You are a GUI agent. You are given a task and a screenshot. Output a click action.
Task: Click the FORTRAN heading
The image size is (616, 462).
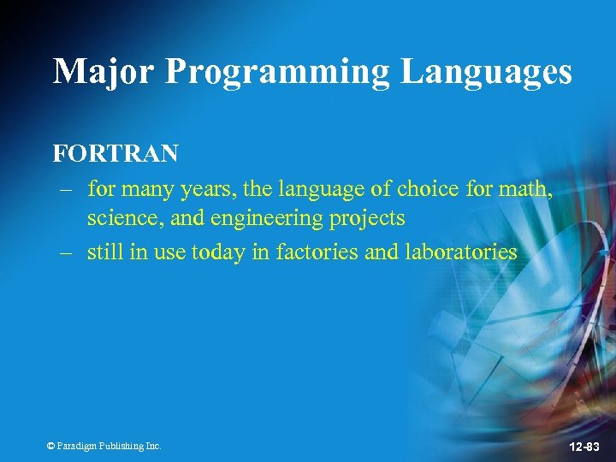coord(115,153)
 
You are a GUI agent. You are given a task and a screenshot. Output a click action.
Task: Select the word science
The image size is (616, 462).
coord(125,218)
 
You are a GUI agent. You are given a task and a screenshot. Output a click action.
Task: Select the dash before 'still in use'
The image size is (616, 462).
coord(65,252)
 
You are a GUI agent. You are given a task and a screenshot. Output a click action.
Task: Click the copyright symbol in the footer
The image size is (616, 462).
coord(50,446)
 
